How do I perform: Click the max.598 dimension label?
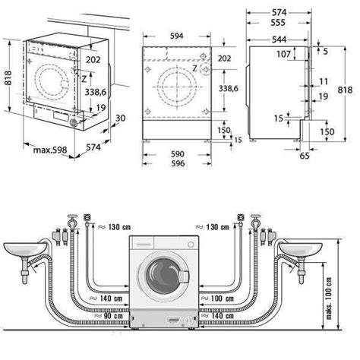tap(50, 150)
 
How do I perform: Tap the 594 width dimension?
tap(176, 36)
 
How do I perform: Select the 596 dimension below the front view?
tap(178, 163)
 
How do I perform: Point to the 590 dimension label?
tap(177, 154)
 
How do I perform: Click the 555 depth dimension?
tap(278, 23)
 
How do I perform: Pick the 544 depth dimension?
tap(279, 39)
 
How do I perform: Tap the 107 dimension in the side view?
tap(283, 54)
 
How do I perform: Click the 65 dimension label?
tap(305, 156)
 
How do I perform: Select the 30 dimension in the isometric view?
tap(121, 118)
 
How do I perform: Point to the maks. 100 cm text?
tap(329, 298)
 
